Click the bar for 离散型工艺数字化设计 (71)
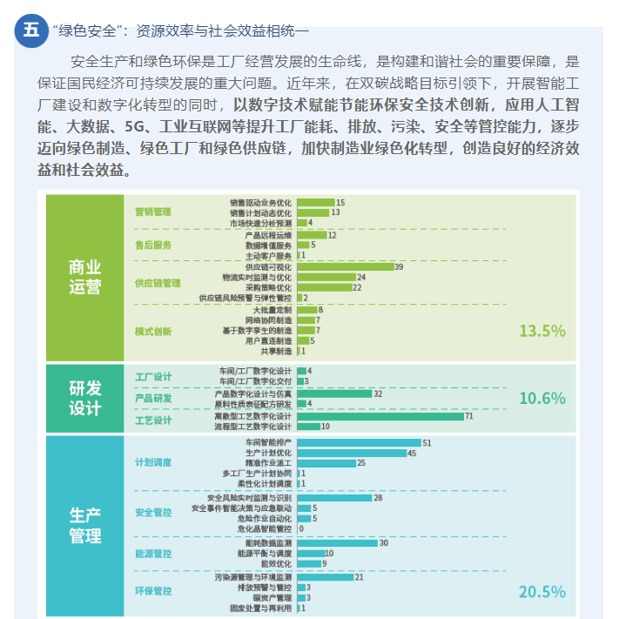[380, 416]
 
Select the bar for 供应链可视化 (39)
[345, 266]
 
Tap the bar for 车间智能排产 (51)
[359, 443]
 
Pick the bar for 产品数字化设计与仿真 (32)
[334, 394]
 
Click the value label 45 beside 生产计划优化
[413, 454]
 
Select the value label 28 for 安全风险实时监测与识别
[378, 498]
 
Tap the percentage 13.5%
[542, 331]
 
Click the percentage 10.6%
[542, 399]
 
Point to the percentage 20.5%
[542, 592]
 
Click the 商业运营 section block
[84, 277]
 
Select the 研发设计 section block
[84, 398]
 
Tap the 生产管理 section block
[84, 526]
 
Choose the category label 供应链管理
[158, 283]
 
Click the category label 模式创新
[153, 331]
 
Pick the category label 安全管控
[153, 513]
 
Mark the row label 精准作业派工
[269, 463]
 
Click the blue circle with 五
[32, 30]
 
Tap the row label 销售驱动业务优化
[261, 202]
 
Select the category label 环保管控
[153, 591]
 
